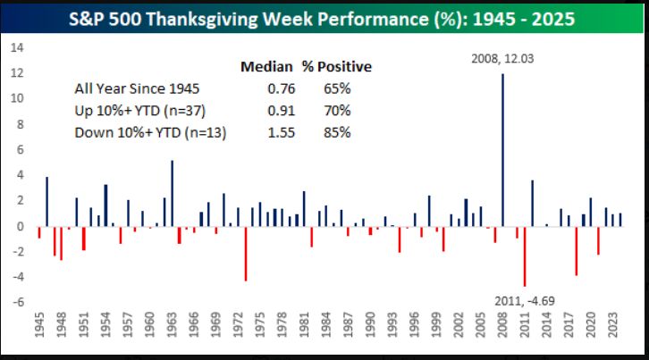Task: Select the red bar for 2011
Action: [525, 255]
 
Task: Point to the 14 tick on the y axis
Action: [15, 48]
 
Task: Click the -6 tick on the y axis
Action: [15, 302]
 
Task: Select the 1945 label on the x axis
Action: [39, 331]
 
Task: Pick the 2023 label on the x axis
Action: [612, 331]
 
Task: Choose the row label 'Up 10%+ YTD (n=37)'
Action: [136, 111]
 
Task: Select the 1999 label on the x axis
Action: [436, 331]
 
